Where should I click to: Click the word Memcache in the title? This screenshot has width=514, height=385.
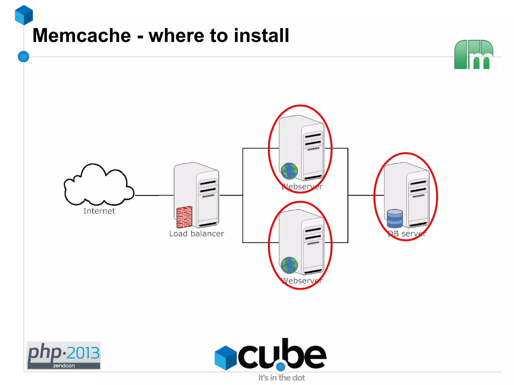(x=82, y=36)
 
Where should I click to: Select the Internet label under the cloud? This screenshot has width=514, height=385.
(x=99, y=211)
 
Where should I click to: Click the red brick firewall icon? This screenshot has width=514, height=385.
(x=184, y=217)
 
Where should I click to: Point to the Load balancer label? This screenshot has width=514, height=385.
(x=197, y=234)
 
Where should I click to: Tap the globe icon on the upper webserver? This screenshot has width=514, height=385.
(x=289, y=171)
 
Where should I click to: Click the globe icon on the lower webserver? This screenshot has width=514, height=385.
(x=289, y=265)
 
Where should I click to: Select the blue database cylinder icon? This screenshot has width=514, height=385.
(x=395, y=218)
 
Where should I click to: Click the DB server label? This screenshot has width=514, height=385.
(x=407, y=234)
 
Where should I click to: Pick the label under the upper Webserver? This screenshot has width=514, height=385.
(x=302, y=187)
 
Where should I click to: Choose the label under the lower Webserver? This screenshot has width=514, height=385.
(x=302, y=281)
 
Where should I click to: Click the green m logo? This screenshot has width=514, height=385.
(x=473, y=54)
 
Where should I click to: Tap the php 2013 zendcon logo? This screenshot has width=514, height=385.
(x=63, y=355)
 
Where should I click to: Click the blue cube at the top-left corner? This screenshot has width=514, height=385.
(x=24, y=15)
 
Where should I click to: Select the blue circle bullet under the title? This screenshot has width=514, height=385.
(x=24, y=56)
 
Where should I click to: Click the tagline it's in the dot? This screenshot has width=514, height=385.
(x=282, y=378)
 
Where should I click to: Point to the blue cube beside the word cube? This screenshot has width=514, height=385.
(x=226, y=358)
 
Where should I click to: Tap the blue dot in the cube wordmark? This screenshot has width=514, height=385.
(x=281, y=367)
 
